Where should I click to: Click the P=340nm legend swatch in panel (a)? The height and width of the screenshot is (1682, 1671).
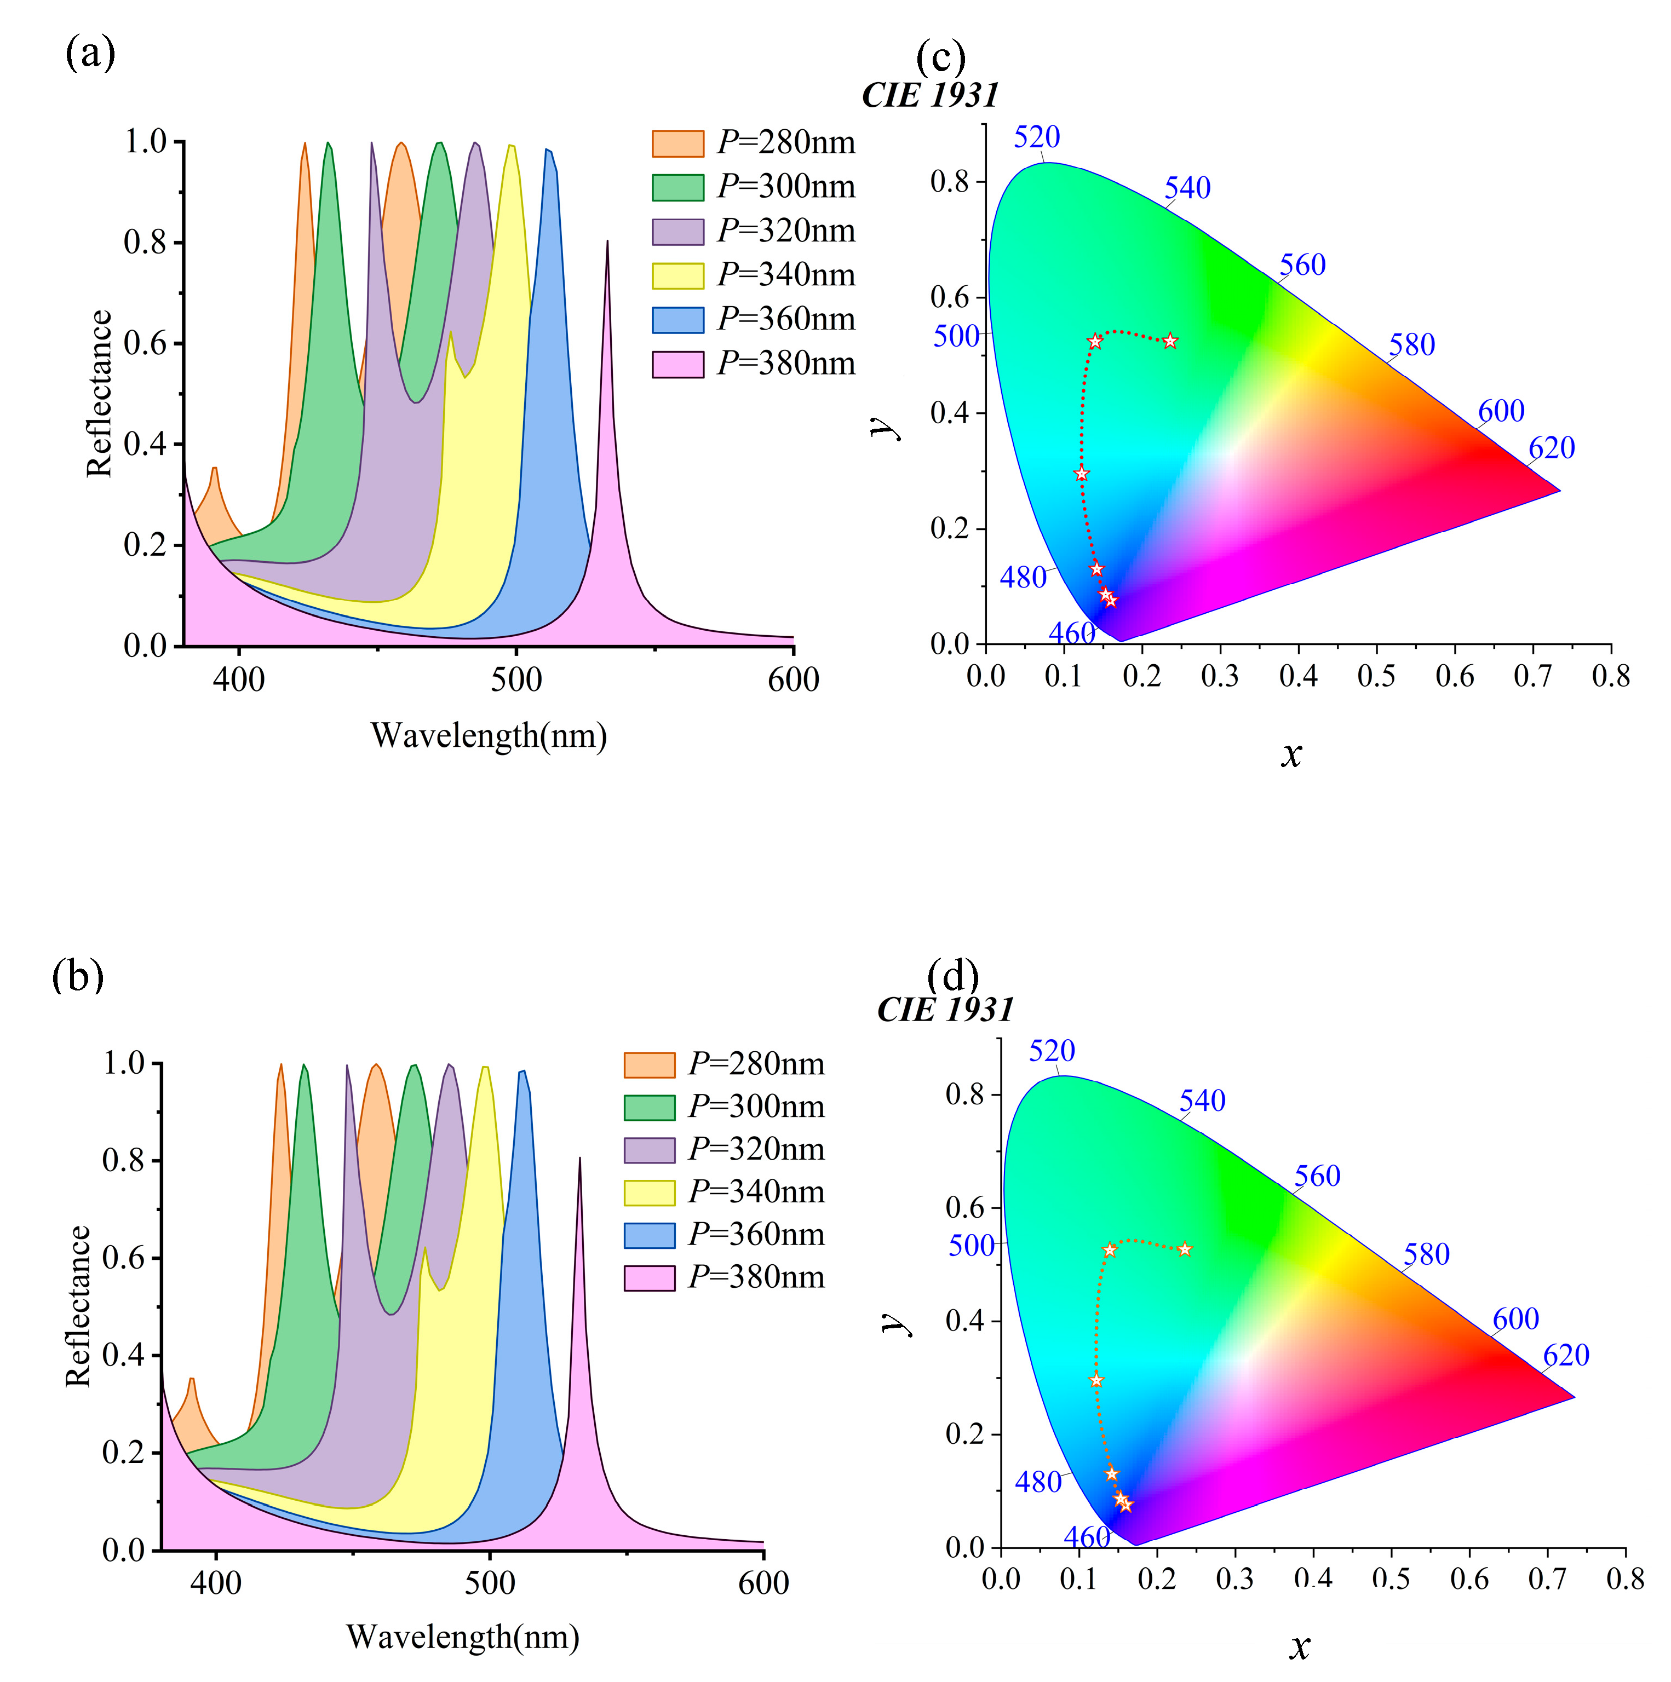tap(677, 275)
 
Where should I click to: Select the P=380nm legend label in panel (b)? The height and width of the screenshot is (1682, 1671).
tap(756, 1277)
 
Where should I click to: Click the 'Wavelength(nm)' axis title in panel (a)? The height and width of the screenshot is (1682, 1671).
tap(489, 736)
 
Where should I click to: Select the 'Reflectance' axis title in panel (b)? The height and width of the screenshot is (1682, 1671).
tap(78, 1306)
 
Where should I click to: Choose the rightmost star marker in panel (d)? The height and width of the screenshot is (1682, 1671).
tap(1184, 1250)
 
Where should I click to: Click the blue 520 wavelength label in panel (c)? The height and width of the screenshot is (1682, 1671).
tap(1036, 137)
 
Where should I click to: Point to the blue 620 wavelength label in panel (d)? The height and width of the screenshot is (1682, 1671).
tap(1566, 1356)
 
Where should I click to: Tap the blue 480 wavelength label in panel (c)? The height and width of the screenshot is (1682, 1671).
tap(1023, 577)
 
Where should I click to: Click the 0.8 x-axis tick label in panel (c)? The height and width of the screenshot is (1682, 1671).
tap(1610, 676)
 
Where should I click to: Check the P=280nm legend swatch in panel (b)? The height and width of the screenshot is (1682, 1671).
tap(648, 1065)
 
